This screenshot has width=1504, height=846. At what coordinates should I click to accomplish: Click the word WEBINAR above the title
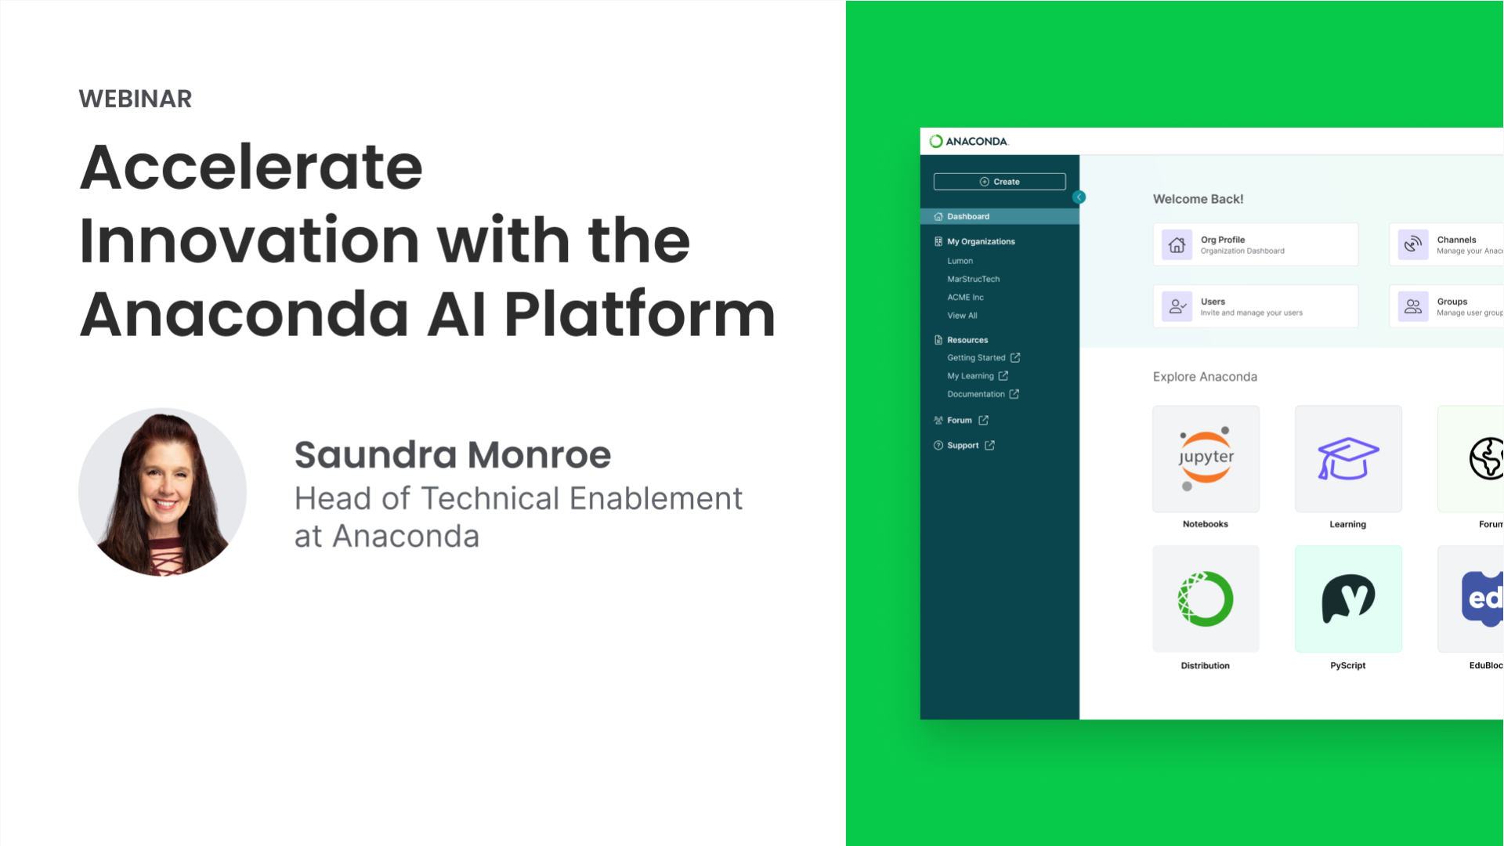click(135, 99)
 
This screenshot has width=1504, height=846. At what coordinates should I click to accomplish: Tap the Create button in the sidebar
click(1000, 182)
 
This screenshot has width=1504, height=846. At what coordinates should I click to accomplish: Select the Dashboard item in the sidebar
click(968, 217)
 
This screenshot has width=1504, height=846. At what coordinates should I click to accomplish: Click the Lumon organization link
click(960, 262)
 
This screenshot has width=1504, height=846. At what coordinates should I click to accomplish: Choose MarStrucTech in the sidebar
click(973, 280)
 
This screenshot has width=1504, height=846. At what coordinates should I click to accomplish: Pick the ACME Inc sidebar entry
click(965, 298)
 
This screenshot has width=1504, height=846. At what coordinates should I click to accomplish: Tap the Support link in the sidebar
click(963, 446)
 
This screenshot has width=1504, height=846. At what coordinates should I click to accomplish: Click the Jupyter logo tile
click(1206, 459)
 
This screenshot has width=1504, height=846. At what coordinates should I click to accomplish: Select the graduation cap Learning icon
click(1347, 459)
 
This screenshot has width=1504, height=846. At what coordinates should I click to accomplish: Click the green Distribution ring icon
click(1206, 599)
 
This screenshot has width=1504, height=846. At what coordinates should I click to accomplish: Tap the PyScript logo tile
click(1347, 599)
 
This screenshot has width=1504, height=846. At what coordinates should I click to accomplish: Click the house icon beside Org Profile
click(1177, 245)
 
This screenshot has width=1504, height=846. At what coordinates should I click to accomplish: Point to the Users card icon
click(1177, 306)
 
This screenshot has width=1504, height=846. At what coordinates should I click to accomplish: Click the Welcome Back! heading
click(1198, 200)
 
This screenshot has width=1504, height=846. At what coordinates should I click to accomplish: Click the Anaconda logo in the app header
click(969, 142)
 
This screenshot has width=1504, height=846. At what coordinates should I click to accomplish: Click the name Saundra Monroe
click(452, 455)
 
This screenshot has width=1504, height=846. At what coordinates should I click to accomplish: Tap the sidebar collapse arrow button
click(1079, 197)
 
